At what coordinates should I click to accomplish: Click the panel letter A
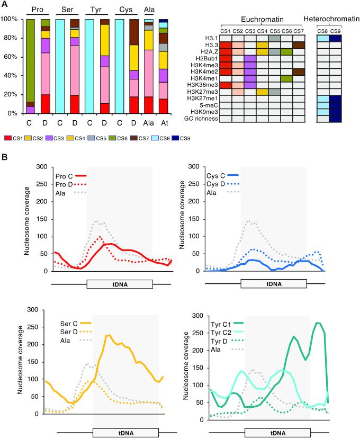(5, 4)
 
